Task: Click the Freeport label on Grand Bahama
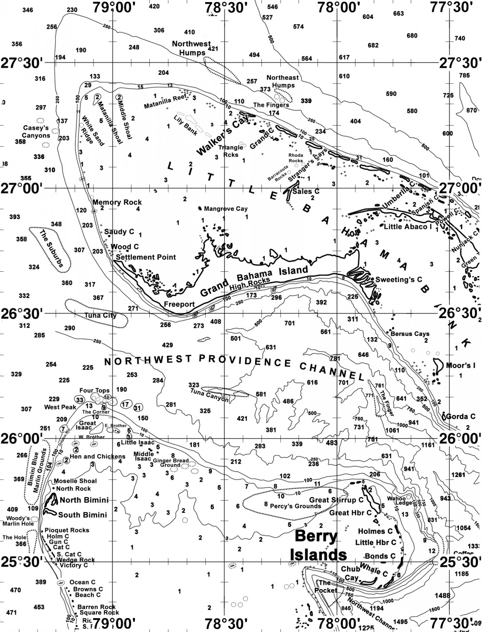click(179, 304)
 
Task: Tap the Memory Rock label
click(117, 202)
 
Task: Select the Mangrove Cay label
click(226, 209)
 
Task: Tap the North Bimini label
click(84, 500)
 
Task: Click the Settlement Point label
click(145, 257)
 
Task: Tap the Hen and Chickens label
click(97, 456)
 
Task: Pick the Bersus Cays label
click(410, 334)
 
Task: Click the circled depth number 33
click(80, 399)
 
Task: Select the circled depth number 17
click(125, 404)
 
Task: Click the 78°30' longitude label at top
click(224, 8)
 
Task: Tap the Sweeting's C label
click(399, 279)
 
